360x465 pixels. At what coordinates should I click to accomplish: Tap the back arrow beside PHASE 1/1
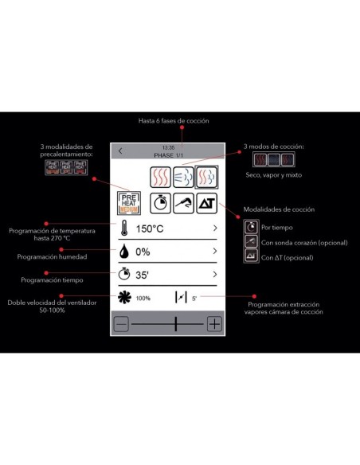tap(120, 151)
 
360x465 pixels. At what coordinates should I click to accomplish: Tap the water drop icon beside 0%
tap(124, 252)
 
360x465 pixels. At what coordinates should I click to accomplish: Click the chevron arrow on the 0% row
tap(215, 252)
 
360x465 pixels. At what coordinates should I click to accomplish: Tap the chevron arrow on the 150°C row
tap(215, 229)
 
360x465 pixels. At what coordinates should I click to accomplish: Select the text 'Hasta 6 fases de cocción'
tap(173, 120)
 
